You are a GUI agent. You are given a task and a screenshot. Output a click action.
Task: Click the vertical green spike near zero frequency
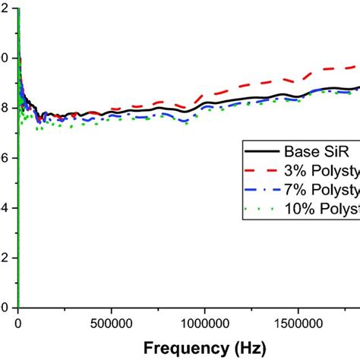pyautogui.click(x=18, y=190)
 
